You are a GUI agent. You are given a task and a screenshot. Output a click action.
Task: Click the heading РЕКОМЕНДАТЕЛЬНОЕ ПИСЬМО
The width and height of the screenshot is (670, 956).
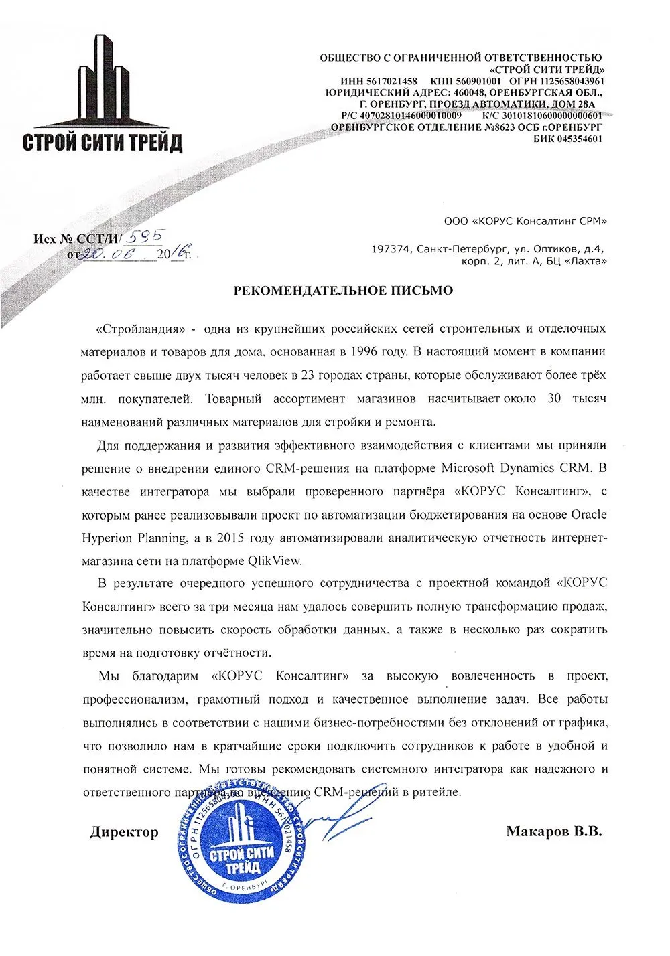point(342,290)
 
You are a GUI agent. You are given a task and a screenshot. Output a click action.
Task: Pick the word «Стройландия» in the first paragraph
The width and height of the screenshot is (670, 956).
point(140,329)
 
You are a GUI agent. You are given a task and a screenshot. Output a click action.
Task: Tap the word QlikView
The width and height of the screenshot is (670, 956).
point(283,560)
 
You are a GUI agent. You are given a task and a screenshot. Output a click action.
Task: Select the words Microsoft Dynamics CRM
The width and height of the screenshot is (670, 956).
point(517,467)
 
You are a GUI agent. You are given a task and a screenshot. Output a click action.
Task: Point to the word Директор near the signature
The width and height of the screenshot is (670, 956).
point(125,832)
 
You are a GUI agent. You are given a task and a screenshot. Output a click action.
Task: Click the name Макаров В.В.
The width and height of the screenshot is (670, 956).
point(554,832)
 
